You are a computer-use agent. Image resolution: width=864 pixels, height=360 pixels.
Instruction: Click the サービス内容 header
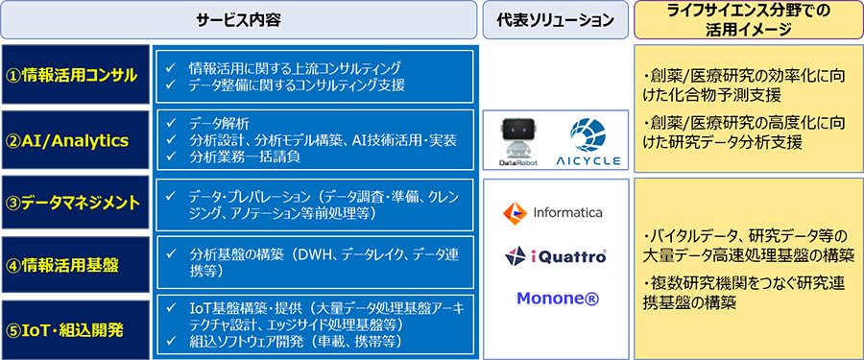pyautogui.click(x=239, y=20)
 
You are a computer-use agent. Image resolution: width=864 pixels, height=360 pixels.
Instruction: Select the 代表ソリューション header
pyautogui.click(x=555, y=20)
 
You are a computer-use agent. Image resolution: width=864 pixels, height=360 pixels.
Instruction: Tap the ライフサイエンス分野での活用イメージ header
pyautogui.click(x=748, y=20)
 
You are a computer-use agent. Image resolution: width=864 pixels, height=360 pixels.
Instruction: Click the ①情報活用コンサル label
pyautogui.click(x=76, y=75)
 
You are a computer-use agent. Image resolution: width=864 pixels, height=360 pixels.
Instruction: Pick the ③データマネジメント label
pyautogui.click(x=77, y=204)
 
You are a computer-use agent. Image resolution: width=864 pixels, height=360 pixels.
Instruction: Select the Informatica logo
pyautogui.click(x=553, y=213)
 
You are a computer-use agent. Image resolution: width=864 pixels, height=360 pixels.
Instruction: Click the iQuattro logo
pyautogui.click(x=556, y=256)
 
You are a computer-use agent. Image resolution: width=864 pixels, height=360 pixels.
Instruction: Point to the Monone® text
pyautogui.click(x=558, y=299)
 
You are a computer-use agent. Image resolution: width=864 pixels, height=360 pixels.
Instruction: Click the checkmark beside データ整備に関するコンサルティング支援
pyautogui.click(x=170, y=85)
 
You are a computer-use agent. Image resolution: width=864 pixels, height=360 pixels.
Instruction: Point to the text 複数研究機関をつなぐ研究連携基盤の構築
pyautogui.click(x=744, y=294)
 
